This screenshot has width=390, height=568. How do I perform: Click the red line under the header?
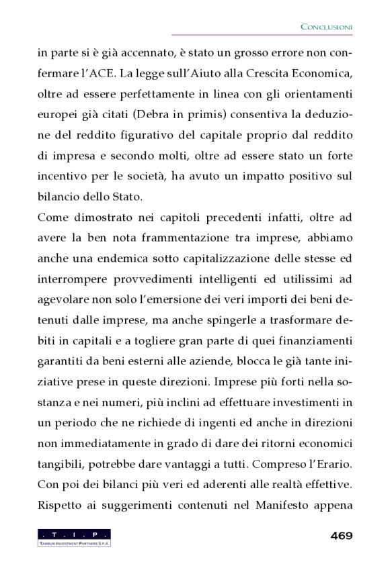(262, 35)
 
